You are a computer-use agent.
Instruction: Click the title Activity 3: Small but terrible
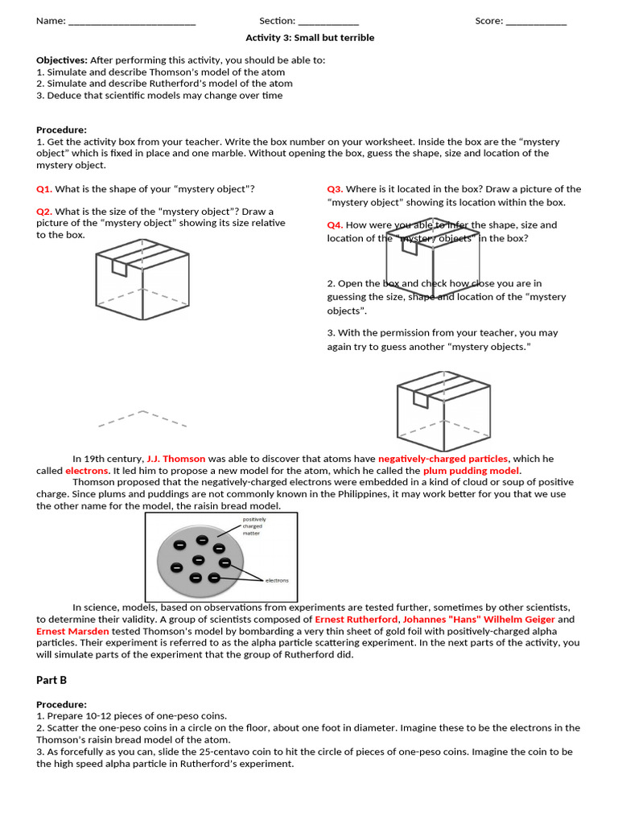point(310,38)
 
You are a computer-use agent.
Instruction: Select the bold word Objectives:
point(62,60)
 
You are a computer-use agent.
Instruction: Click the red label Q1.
point(44,189)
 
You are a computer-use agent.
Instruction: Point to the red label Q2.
point(44,212)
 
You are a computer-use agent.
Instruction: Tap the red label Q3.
point(335,189)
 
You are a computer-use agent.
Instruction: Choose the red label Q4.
point(335,225)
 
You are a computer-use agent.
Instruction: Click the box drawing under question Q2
point(142,282)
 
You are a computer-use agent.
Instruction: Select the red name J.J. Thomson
point(176,459)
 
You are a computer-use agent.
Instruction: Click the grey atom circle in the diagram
point(199,558)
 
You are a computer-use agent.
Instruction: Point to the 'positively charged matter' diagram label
point(254,526)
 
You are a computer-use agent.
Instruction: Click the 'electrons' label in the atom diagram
point(277,580)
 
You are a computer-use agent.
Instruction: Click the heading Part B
point(51,680)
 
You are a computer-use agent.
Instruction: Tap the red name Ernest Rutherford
point(356,620)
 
